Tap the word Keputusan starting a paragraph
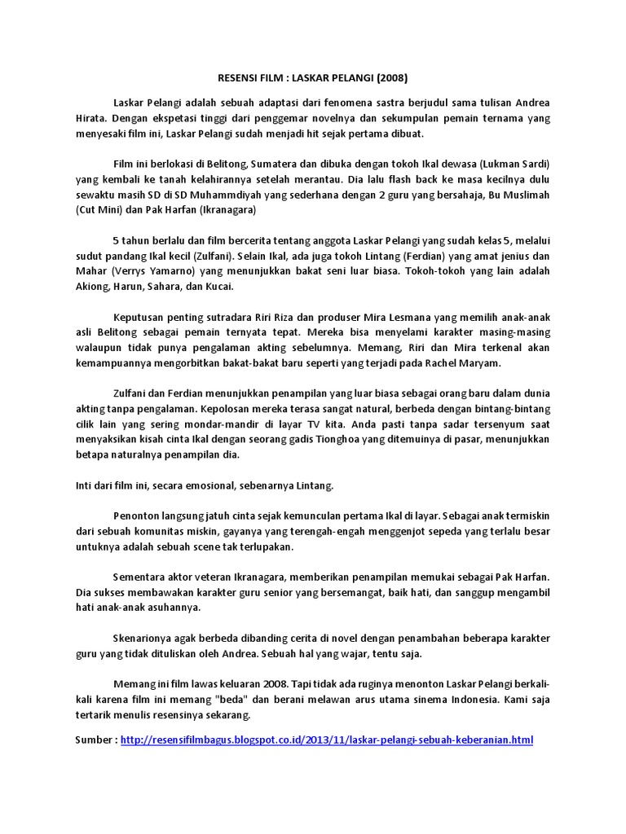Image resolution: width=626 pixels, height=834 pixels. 139,315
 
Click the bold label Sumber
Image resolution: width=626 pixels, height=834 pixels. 95,740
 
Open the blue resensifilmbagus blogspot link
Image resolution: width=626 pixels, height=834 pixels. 326,740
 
